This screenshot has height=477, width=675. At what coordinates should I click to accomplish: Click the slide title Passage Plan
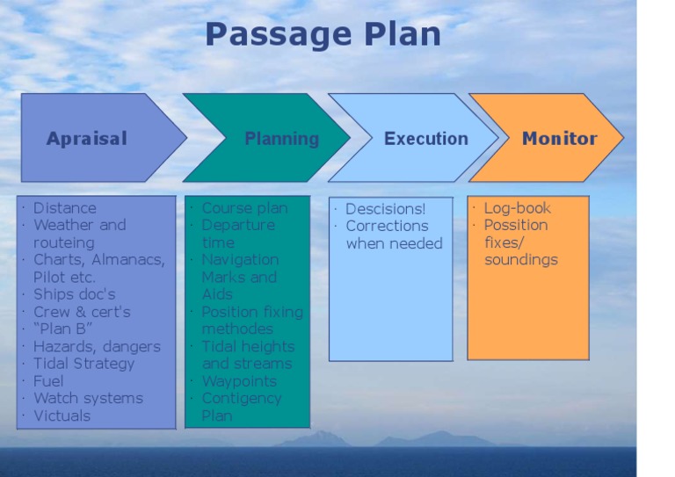click(323, 34)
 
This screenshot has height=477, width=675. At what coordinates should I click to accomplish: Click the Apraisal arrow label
click(86, 138)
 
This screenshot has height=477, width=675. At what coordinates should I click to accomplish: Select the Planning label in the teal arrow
click(281, 138)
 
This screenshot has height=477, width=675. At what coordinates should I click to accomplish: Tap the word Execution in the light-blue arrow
click(425, 138)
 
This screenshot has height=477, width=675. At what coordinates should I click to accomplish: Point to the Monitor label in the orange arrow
click(559, 138)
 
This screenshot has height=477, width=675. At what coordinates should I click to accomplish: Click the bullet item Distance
click(64, 208)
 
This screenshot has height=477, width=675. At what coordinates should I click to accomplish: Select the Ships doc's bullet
click(74, 294)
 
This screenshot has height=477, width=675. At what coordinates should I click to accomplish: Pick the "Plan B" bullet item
click(63, 329)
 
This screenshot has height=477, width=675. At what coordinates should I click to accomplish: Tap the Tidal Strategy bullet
click(83, 364)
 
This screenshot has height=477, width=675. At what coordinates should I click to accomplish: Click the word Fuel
click(48, 381)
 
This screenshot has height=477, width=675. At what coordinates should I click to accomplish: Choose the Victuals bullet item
click(62, 416)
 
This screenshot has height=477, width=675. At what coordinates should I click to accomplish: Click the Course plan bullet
click(244, 208)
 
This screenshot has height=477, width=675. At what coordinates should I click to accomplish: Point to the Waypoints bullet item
click(239, 381)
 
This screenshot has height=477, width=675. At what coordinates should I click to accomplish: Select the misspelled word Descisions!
click(385, 209)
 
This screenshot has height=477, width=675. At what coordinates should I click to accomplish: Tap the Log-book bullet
click(517, 208)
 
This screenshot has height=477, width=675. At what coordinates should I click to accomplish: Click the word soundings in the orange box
click(520, 260)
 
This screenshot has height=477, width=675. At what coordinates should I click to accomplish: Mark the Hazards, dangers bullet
click(97, 346)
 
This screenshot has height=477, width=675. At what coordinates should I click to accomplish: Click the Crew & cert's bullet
click(82, 312)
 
